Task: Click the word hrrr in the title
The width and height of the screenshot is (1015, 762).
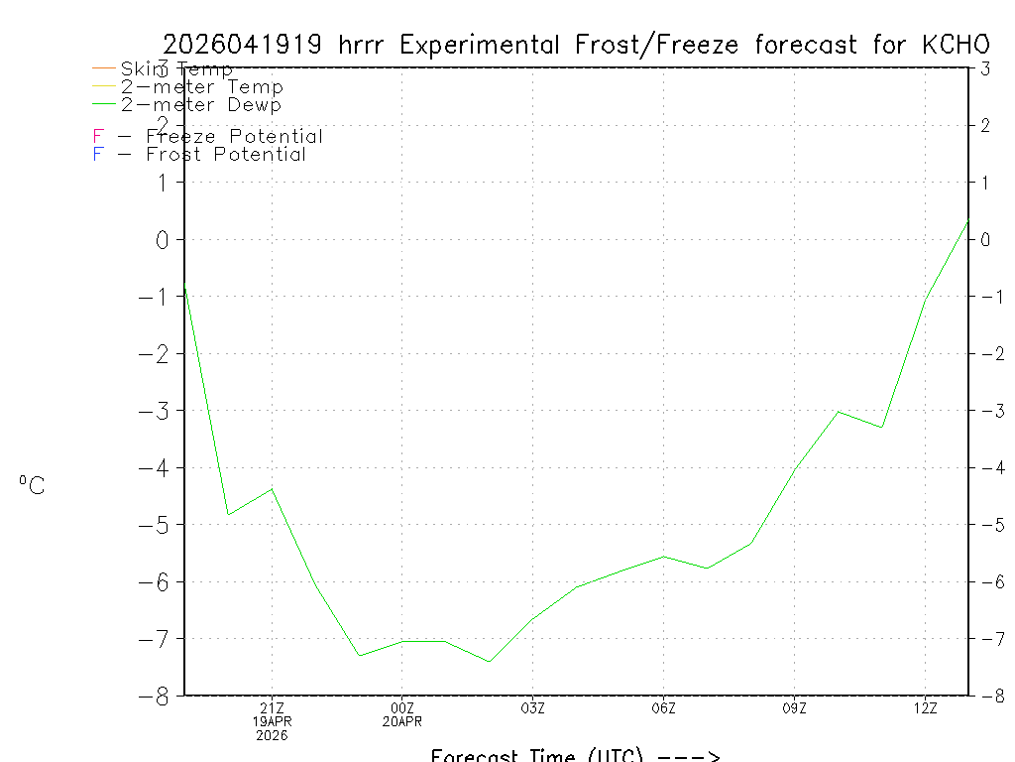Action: click(369, 45)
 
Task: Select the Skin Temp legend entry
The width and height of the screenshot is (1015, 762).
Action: click(176, 69)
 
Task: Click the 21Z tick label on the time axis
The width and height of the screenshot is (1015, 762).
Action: click(272, 707)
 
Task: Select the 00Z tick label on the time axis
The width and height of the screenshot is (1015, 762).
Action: click(401, 707)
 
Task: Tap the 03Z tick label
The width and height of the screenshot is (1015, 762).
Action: click(532, 707)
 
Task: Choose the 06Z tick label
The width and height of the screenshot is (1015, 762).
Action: click(663, 707)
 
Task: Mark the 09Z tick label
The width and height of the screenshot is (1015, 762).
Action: click(794, 707)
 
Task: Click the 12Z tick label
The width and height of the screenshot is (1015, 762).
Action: click(925, 707)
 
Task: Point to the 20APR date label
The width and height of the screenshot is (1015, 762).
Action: click(401, 722)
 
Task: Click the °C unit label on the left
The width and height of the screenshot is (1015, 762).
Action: click(32, 486)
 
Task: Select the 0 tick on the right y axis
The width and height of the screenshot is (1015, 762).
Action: click(985, 240)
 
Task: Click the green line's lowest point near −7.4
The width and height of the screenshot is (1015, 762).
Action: click(489, 662)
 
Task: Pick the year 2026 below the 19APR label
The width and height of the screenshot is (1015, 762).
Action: click(272, 736)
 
